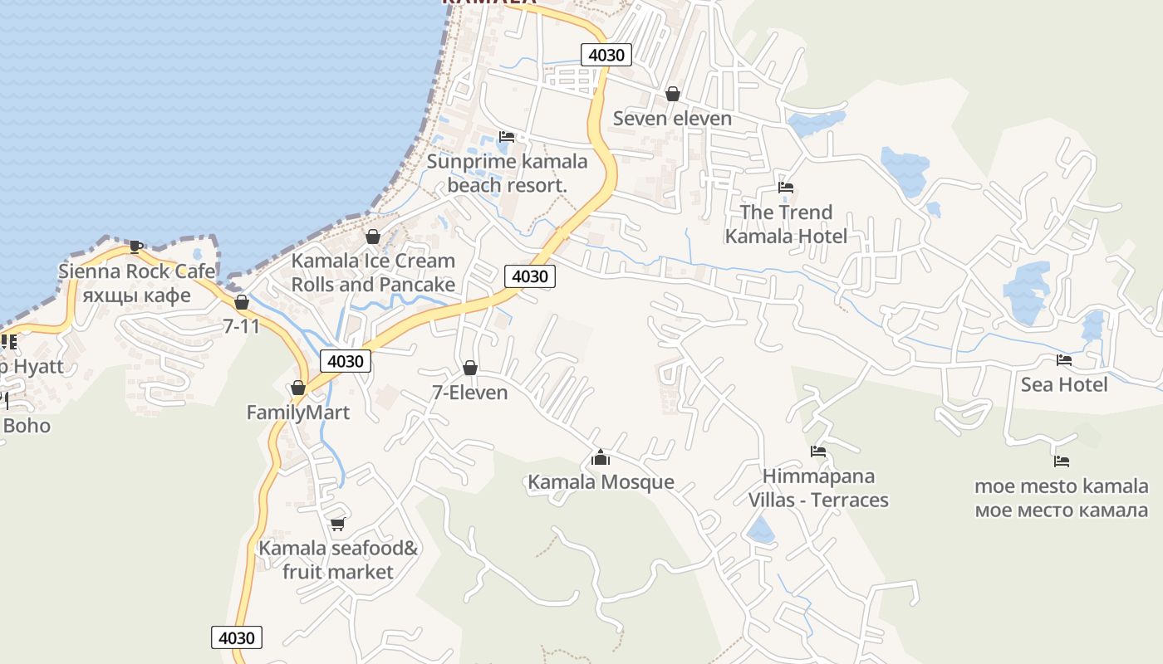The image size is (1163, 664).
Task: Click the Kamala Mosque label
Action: click(601, 482)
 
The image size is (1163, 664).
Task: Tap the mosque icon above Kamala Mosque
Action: click(601, 457)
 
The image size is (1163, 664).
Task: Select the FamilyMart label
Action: click(298, 413)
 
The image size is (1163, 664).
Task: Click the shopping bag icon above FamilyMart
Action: click(298, 388)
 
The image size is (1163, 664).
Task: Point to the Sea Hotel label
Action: click(1064, 384)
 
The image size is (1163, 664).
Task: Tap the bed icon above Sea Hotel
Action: click(1063, 360)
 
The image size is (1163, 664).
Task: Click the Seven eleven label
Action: click(672, 118)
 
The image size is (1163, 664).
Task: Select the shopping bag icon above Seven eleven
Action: click(673, 94)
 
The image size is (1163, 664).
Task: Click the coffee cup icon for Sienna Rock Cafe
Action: click(136, 247)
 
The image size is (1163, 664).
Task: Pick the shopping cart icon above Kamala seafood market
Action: click(337, 524)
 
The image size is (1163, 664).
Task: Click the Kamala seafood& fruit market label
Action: click(338, 560)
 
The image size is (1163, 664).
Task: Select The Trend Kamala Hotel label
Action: click(786, 224)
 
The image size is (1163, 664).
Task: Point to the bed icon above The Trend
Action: click(786, 188)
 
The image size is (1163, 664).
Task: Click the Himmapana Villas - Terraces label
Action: click(818, 488)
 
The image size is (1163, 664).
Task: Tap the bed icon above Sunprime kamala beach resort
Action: click(507, 137)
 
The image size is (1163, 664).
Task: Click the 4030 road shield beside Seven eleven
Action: click(606, 56)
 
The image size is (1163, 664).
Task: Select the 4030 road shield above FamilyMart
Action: click(346, 361)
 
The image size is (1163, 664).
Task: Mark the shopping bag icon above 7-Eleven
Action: click(470, 368)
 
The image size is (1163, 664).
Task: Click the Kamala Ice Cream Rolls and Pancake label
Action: click(373, 272)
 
